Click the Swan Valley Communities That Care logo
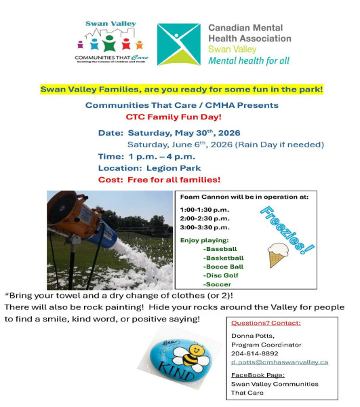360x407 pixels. (x=112, y=42)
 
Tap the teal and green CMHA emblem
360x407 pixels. (x=179, y=44)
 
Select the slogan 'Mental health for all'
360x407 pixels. (x=249, y=61)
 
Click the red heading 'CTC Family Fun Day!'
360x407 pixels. (x=174, y=117)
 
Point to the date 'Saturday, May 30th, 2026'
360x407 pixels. (x=184, y=133)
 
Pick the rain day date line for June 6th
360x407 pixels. (x=225, y=144)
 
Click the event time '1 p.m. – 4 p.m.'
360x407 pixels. (x=162, y=157)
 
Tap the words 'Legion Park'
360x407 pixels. (x=174, y=168)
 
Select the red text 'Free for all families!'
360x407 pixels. (x=174, y=180)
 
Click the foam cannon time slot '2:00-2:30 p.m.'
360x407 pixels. (x=205, y=218)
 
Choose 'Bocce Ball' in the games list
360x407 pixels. (x=223, y=267)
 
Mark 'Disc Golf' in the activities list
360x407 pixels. (x=221, y=275)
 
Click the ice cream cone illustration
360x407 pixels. (x=277, y=255)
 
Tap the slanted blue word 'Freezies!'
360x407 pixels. (x=287, y=230)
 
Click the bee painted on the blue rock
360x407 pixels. (x=191, y=356)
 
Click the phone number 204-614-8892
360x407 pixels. (x=255, y=353)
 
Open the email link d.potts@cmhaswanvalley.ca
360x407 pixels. (x=279, y=362)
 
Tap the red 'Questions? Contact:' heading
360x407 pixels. (x=266, y=323)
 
